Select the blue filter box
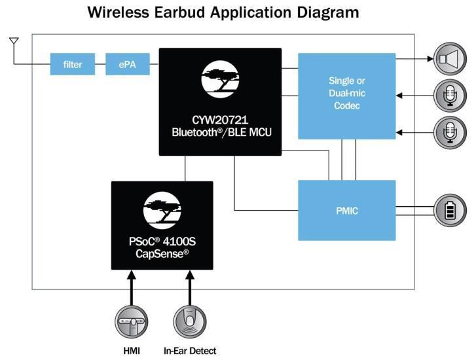coord(72,65)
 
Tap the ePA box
coord(128,65)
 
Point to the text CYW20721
coord(220,120)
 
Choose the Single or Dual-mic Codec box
coord(347,96)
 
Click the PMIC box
coord(347,211)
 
